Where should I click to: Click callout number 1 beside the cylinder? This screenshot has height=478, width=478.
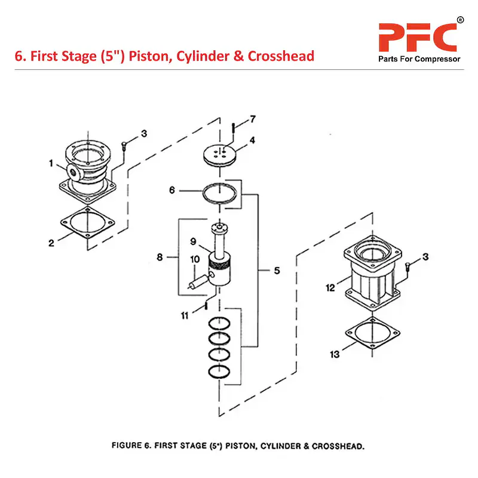pos(51,163)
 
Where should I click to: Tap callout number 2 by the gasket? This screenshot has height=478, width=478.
pos(51,243)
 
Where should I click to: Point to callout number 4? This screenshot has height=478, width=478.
pos(253,141)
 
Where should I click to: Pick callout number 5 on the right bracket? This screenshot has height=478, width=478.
pos(277,270)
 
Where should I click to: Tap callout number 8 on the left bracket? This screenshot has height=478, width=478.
pos(160,258)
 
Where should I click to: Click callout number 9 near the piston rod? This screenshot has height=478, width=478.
pos(193,242)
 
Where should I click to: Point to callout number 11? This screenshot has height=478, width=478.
pos(186,314)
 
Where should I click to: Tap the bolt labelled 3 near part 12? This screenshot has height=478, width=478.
pos(407,267)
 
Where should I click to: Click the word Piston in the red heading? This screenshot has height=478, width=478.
pos(137,56)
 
